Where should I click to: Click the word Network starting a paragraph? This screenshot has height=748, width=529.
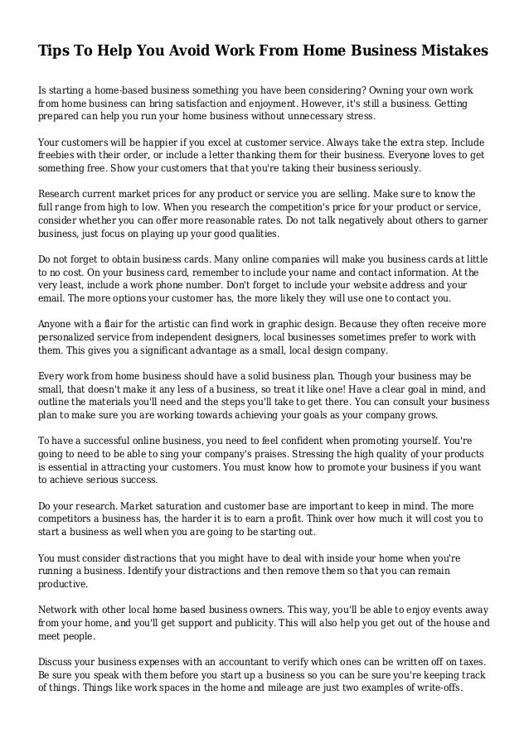click(63, 609)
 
